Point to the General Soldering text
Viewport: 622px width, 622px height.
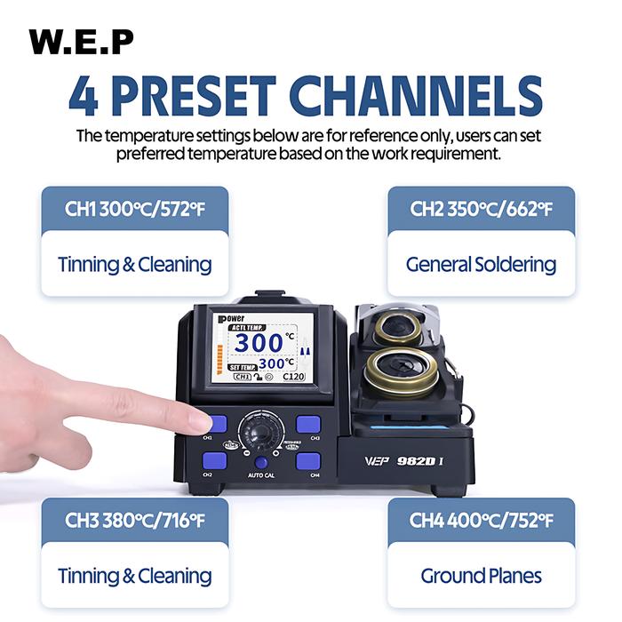coord(481,264)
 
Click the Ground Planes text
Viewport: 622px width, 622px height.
coord(481,575)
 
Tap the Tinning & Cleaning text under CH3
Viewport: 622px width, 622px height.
coord(134,575)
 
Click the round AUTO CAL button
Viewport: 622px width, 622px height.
coord(260,462)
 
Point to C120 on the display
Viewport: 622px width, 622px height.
coord(294,377)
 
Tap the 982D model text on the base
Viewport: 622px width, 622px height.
coord(414,460)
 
